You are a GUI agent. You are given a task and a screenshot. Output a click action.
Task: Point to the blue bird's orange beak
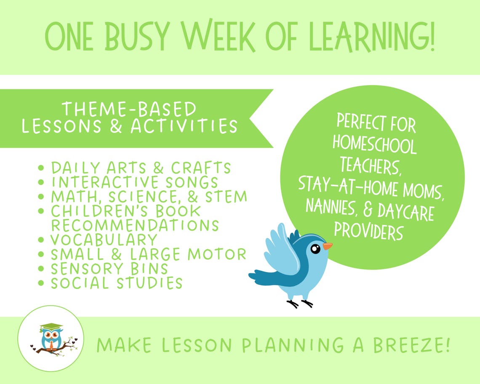328,246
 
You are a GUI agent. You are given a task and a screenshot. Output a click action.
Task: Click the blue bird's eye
315,249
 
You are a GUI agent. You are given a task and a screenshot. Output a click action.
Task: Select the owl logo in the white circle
51,339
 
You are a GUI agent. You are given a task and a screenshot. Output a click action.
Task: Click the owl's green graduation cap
51,327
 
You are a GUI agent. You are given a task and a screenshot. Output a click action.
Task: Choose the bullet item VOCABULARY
104,240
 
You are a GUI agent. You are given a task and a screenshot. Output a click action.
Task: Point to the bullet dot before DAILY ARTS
41,168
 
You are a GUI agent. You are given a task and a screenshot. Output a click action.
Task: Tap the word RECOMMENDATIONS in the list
135,225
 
